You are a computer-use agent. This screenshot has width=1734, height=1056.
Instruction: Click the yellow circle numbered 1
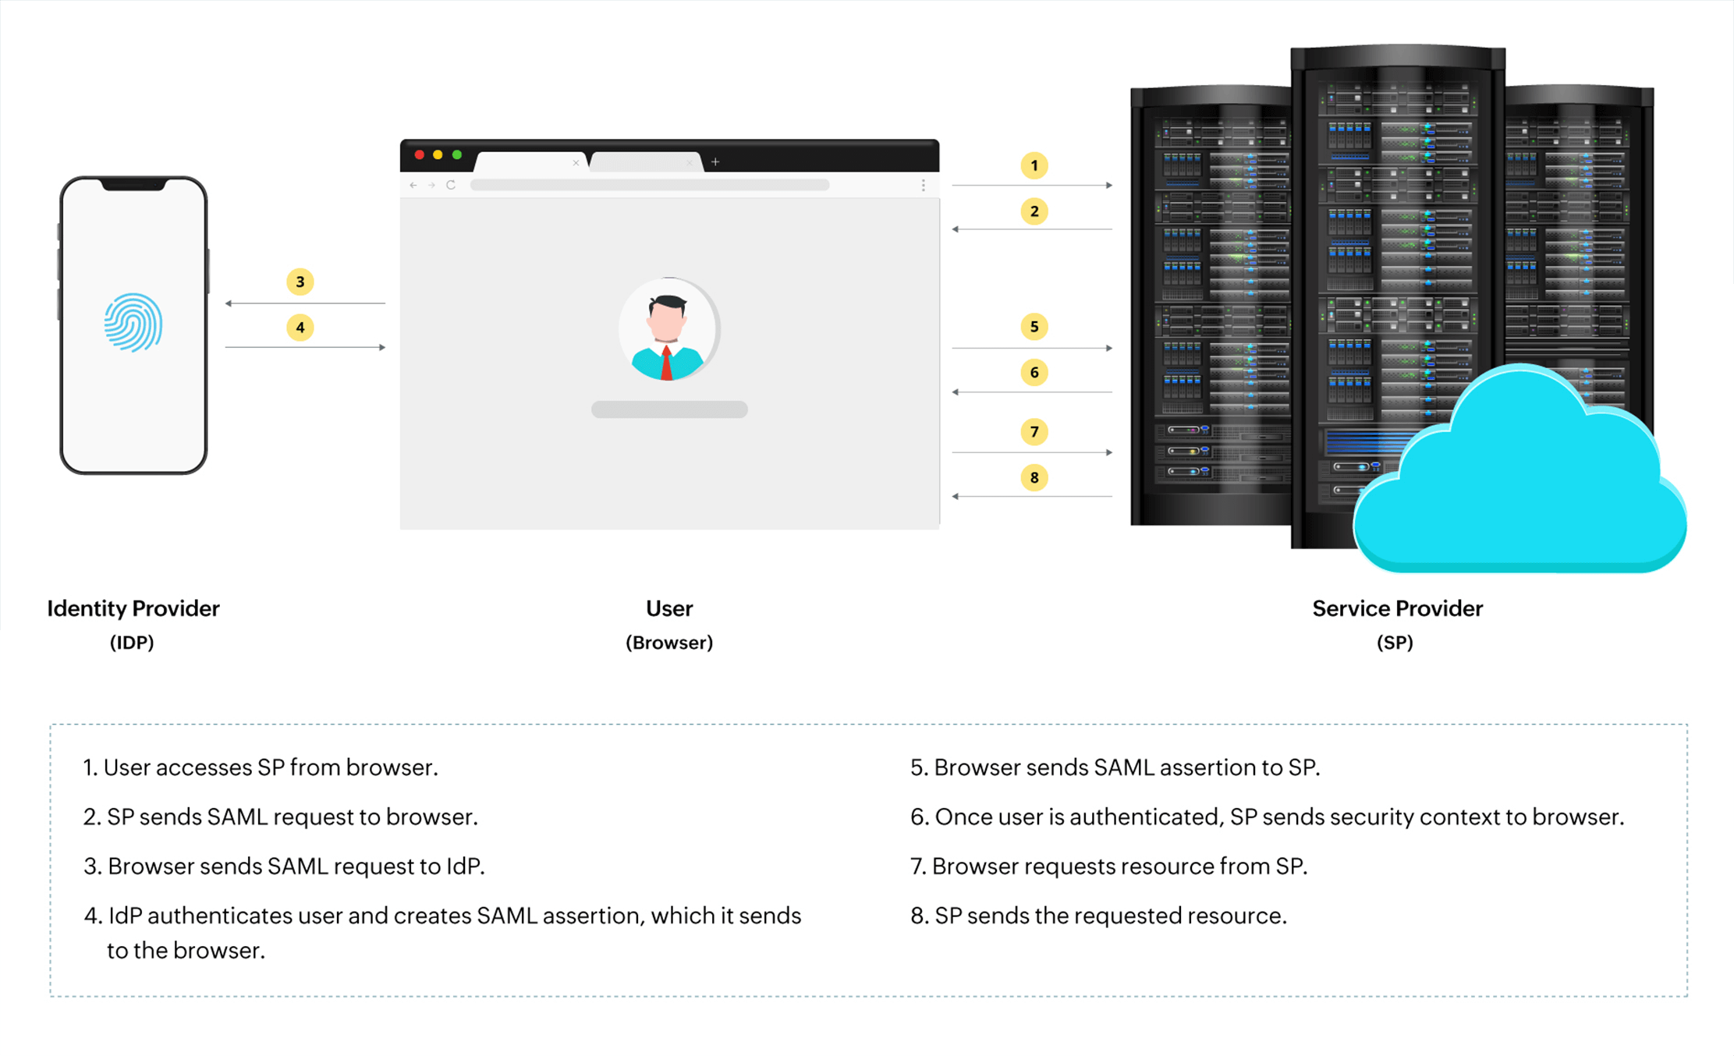click(x=1034, y=165)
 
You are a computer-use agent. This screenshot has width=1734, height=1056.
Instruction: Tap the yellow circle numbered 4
click(x=300, y=328)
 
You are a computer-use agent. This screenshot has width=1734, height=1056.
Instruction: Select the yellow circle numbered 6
click(x=1034, y=373)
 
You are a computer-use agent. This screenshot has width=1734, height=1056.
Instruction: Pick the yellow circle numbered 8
click(x=1034, y=477)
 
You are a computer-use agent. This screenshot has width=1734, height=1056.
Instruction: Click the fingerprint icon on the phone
click(x=133, y=322)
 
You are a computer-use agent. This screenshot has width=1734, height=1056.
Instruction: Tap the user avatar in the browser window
click(x=668, y=329)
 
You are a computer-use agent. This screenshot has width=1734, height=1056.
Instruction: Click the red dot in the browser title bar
click(x=420, y=154)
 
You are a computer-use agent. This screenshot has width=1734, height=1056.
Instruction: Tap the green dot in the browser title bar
click(x=457, y=154)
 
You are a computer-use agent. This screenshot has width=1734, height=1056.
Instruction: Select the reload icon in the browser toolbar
click(x=451, y=185)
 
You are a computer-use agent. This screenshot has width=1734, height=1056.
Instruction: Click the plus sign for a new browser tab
click(x=715, y=161)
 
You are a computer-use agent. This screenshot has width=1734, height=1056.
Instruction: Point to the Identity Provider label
click(x=133, y=608)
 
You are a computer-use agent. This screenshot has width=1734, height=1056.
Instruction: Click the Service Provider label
click(x=1397, y=608)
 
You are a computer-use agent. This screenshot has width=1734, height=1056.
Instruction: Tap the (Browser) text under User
click(x=669, y=643)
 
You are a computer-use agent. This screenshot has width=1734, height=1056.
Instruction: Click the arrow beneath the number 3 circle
click(x=305, y=303)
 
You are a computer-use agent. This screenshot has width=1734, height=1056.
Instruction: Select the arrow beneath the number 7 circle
click(x=1032, y=452)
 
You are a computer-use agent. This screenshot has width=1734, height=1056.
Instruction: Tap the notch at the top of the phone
click(x=133, y=185)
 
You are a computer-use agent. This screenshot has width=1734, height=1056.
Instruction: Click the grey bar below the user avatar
click(x=669, y=409)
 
